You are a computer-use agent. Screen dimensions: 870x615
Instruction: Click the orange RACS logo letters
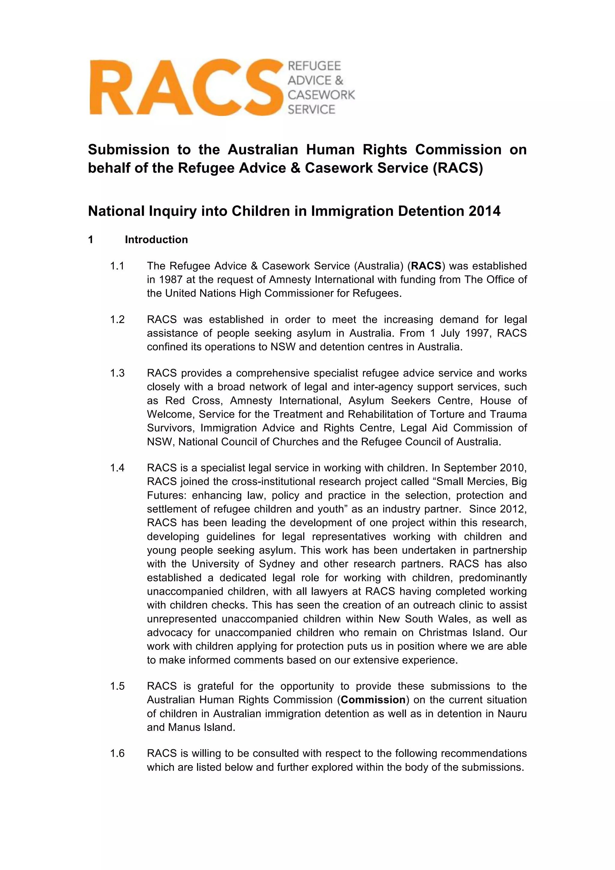[186, 87]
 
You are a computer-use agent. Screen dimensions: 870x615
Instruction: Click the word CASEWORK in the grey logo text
[321, 95]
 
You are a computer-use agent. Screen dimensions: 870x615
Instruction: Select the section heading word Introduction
[156, 239]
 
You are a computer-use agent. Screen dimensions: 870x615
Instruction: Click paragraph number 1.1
[117, 266]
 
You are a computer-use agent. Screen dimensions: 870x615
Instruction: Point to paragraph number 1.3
[117, 373]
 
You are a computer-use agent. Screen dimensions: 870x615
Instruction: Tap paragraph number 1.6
[117, 753]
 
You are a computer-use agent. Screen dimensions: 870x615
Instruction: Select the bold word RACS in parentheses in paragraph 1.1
[426, 266]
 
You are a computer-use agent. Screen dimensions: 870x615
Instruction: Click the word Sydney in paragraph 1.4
[277, 564]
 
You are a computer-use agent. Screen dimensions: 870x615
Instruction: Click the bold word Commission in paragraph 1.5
[373, 700]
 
